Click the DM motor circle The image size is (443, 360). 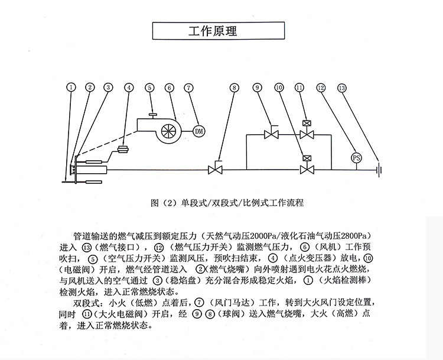(x=198, y=131)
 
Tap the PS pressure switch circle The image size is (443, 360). (x=356, y=158)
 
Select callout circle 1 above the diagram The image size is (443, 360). (x=71, y=87)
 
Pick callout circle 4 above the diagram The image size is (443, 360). (x=129, y=87)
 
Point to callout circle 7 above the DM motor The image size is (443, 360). (x=188, y=87)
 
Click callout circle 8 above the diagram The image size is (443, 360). (x=234, y=87)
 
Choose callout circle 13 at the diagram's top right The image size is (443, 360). (x=342, y=87)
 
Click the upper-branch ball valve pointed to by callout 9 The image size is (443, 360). (x=272, y=135)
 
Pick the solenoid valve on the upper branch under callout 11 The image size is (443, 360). (x=306, y=134)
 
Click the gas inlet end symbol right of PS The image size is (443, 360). (x=379, y=170)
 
